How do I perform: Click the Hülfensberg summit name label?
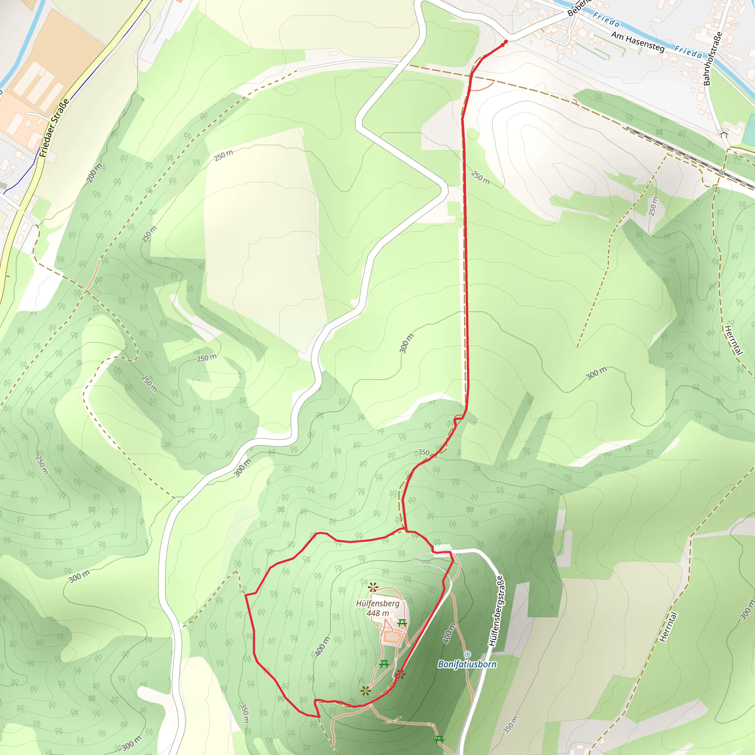(x=377, y=604)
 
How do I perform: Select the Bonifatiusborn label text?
(x=467, y=664)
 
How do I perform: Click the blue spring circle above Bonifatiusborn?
(x=467, y=654)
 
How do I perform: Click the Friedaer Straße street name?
(x=54, y=128)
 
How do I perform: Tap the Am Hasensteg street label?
(x=637, y=42)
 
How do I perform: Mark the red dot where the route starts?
(x=506, y=41)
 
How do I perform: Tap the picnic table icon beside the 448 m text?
(x=402, y=623)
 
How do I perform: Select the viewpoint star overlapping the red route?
(x=400, y=674)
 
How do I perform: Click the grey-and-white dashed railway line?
(x=688, y=156)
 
